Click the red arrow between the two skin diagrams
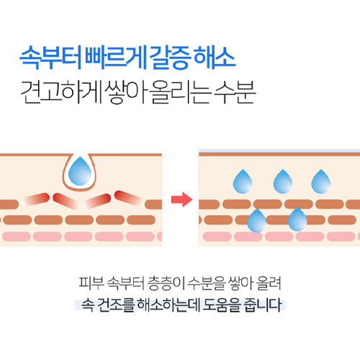(182, 199)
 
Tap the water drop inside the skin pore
(80, 171)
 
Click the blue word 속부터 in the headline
(50, 58)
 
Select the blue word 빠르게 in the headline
(116, 58)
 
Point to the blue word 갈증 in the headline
(170, 58)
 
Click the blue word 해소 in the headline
(215, 58)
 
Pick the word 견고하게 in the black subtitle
(62, 92)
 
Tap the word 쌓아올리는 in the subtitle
(158, 92)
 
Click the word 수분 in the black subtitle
(235, 92)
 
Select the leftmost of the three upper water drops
(243, 181)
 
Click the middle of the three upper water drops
(283, 181)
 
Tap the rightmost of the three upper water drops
(321, 181)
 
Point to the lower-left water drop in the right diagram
(257, 220)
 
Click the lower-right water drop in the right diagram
(297, 220)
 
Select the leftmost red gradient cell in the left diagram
(35, 199)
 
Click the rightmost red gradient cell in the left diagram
(128, 198)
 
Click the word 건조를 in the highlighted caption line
(116, 305)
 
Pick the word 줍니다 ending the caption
(263, 305)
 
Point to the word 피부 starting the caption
(91, 283)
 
